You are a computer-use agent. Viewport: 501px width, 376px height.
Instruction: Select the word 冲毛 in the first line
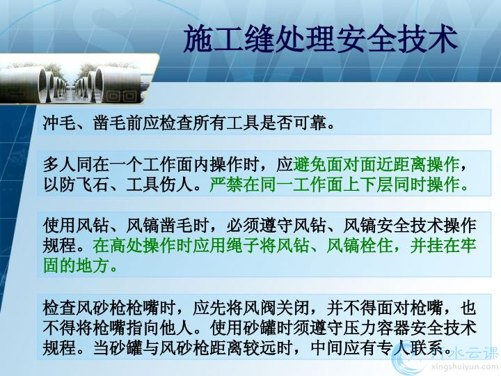point(59,123)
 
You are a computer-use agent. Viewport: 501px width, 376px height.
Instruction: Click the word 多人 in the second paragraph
point(59,164)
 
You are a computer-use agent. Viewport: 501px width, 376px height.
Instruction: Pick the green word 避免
point(310,164)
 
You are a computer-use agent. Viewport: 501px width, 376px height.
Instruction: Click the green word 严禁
point(226,185)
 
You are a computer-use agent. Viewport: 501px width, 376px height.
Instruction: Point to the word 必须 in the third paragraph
point(243,226)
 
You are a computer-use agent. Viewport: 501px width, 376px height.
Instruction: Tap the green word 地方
point(93,266)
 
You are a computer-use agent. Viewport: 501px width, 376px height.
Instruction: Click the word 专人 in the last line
point(392,348)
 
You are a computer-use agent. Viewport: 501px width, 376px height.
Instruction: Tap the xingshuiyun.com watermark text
point(464,367)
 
